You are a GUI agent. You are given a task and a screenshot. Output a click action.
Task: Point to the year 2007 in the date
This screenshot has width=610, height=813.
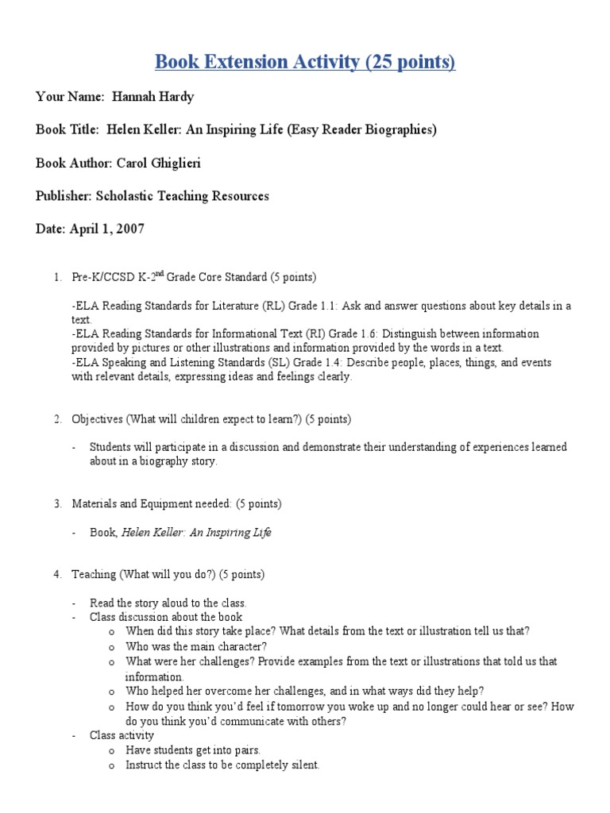tap(130, 229)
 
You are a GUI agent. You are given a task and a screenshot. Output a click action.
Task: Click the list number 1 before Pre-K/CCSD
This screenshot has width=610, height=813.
tap(57, 277)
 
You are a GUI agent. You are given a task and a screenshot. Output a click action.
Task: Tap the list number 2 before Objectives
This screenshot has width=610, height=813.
tap(57, 418)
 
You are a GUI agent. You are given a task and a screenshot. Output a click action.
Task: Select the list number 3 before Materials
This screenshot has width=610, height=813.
tap(57, 503)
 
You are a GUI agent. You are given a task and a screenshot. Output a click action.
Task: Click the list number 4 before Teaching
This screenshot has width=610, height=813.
tap(57, 574)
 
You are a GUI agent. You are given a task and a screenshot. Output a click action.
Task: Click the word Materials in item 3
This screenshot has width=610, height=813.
tap(95, 503)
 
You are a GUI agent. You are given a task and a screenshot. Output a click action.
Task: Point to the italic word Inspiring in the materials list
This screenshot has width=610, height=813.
tap(228, 533)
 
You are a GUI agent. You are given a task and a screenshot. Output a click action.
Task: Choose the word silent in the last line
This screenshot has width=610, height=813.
tap(303, 765)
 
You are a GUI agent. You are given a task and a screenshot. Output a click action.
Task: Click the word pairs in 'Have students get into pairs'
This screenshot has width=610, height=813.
tap(245, 749)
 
